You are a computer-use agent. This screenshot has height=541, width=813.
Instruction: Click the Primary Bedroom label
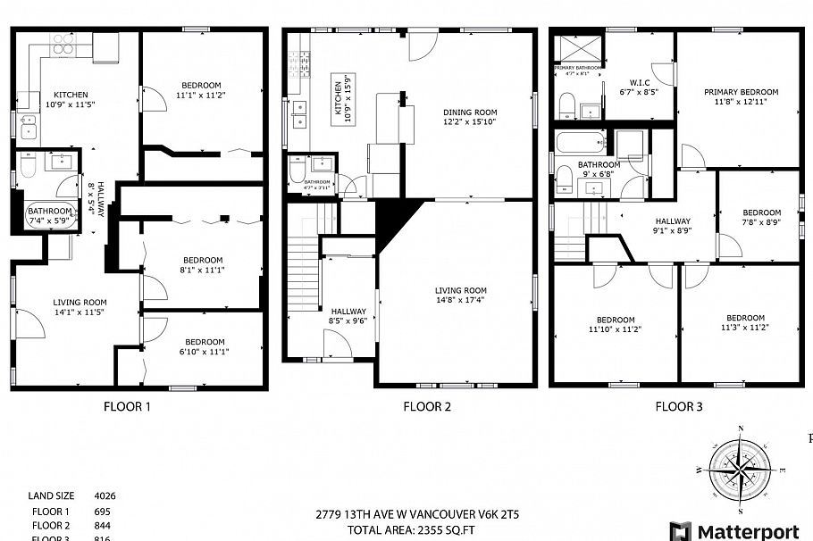[x=741, y=92]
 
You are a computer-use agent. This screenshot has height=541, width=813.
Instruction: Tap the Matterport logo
[x=734, y=531]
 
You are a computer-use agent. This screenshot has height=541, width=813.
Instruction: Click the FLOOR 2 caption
[x=426, y=407]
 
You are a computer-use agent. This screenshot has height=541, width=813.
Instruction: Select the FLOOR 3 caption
[x=678, y=407]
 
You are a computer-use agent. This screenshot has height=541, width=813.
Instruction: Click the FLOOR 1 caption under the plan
[x=126, y=407]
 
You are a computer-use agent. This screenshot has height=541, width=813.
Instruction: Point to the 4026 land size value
[x=105, y=495]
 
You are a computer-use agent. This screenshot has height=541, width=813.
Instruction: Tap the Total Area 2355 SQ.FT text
[x=423, y=530]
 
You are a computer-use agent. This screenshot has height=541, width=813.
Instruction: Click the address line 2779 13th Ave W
[x=423, y=515]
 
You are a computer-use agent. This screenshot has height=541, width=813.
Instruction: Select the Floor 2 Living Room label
[x=460, y=290]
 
